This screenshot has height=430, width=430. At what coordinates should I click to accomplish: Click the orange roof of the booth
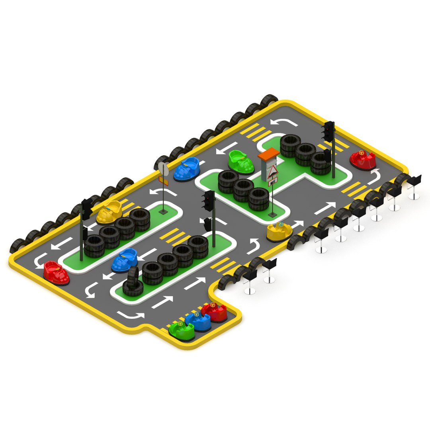tap(268, 154)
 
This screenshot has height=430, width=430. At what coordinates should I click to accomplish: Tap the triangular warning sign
tap(273, 172)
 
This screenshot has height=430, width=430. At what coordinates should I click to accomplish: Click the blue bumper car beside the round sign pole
tap(187, 169)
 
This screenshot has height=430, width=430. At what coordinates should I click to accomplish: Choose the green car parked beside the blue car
tap(182, 330)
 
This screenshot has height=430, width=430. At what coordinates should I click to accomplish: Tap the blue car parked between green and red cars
tap(198, 321)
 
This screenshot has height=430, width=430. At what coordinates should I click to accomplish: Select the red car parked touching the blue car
tap(215, 311)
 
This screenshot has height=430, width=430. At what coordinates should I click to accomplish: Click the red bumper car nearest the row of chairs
tap(363, 160)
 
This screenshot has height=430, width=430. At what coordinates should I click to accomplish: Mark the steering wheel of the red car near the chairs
tap(361, 152)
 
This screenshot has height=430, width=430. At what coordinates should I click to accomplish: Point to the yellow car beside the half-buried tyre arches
tap(279, 232)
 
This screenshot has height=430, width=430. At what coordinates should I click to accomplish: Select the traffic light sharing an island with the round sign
tap(86, 209)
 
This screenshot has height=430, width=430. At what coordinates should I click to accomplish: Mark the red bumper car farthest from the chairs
tap(56, 272)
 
